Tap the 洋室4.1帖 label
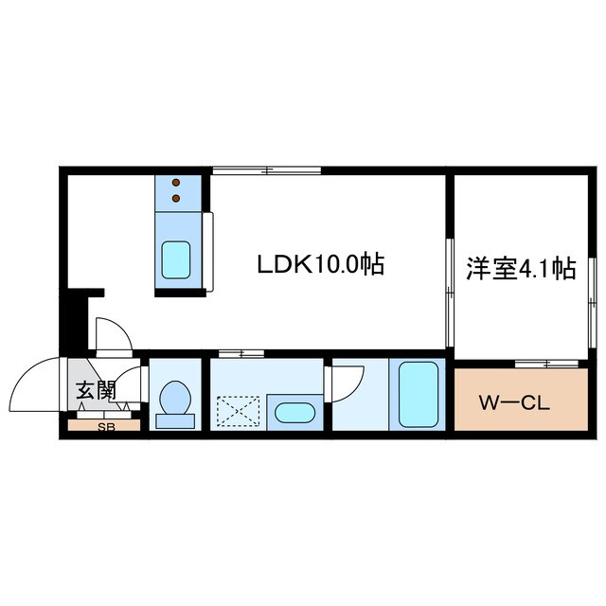click(x=520, y=269)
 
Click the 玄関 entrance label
click(x=96, y=389)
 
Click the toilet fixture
click(x=175, y=399)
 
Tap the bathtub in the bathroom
click(x=418, y=394)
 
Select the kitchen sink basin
click(x=176, y=258)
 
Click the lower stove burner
click(x=176, y=198)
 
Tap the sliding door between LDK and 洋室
click(x=449, y=294)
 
